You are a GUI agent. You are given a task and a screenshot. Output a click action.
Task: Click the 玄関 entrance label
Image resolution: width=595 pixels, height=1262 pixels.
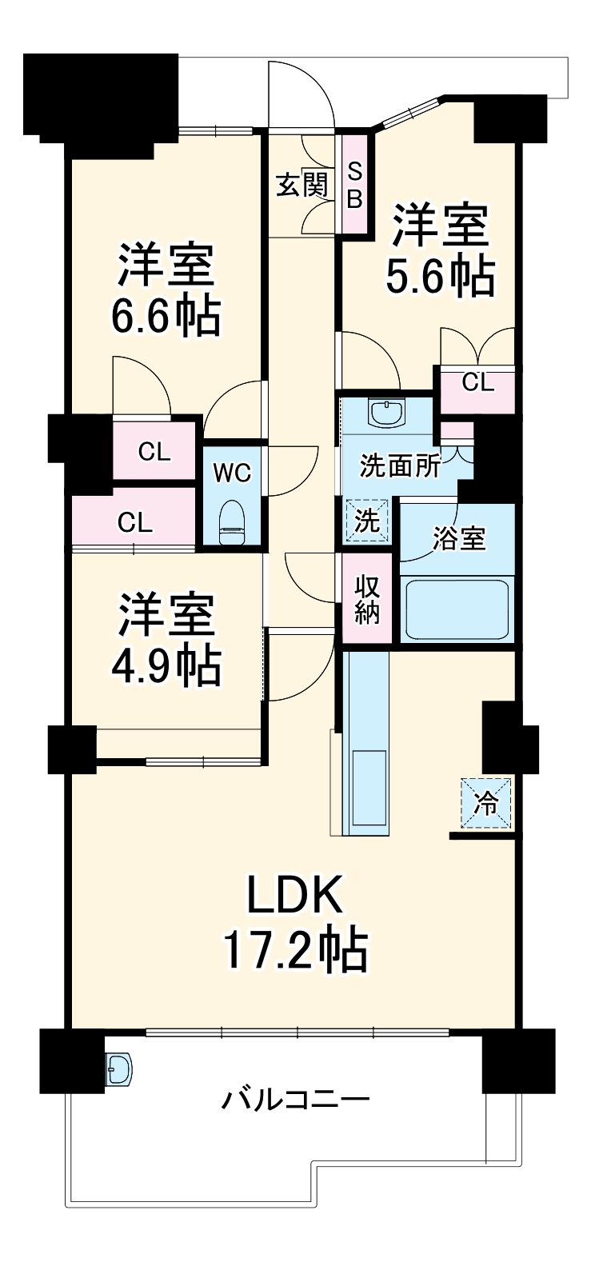(x=301, y=186)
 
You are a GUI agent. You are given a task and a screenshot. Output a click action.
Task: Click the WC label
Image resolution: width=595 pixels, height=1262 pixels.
(x=232, y=473)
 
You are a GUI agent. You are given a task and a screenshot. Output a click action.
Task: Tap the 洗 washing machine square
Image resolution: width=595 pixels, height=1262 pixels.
(x=367, y=521)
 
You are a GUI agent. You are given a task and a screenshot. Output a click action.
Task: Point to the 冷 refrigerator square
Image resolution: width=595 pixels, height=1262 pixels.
(x=485, y=803)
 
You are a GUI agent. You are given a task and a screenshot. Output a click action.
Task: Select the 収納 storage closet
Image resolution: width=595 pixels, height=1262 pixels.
(x=368, y=600)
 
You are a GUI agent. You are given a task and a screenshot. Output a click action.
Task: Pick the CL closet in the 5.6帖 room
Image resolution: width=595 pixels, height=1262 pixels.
(x=477, y=383)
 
